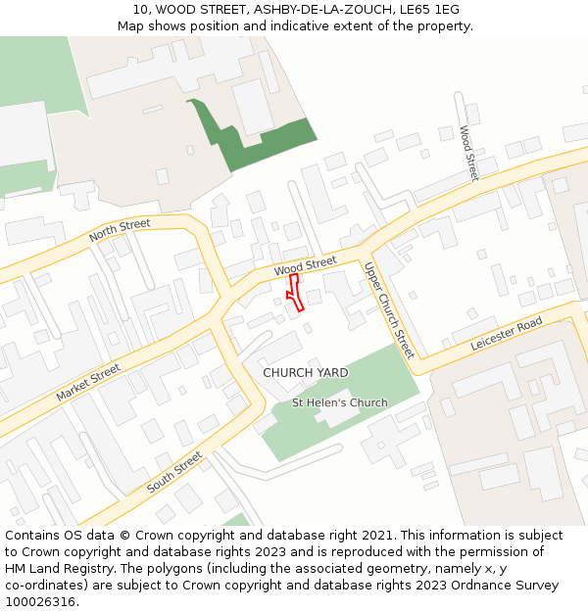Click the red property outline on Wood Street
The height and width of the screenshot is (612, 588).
point(294,291)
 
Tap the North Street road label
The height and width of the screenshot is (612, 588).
point(120,231)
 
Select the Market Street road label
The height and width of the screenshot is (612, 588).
point(88,382)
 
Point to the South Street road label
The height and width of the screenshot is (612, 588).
point(174,473)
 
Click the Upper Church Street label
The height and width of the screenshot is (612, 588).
point(389,309)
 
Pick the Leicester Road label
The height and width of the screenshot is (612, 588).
point(506,334)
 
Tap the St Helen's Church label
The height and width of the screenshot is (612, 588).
point(340,402)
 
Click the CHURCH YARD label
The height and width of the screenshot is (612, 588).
point(306,373)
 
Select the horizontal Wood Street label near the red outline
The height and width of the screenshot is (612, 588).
point(305,265)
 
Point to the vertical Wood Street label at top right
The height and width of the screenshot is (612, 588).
point(468,153)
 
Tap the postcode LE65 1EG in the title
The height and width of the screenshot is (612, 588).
point(426,10)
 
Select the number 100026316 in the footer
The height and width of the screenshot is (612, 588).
point(39,602)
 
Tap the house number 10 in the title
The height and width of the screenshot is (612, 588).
point(141,10)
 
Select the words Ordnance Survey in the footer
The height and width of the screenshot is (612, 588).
point(509,586)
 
